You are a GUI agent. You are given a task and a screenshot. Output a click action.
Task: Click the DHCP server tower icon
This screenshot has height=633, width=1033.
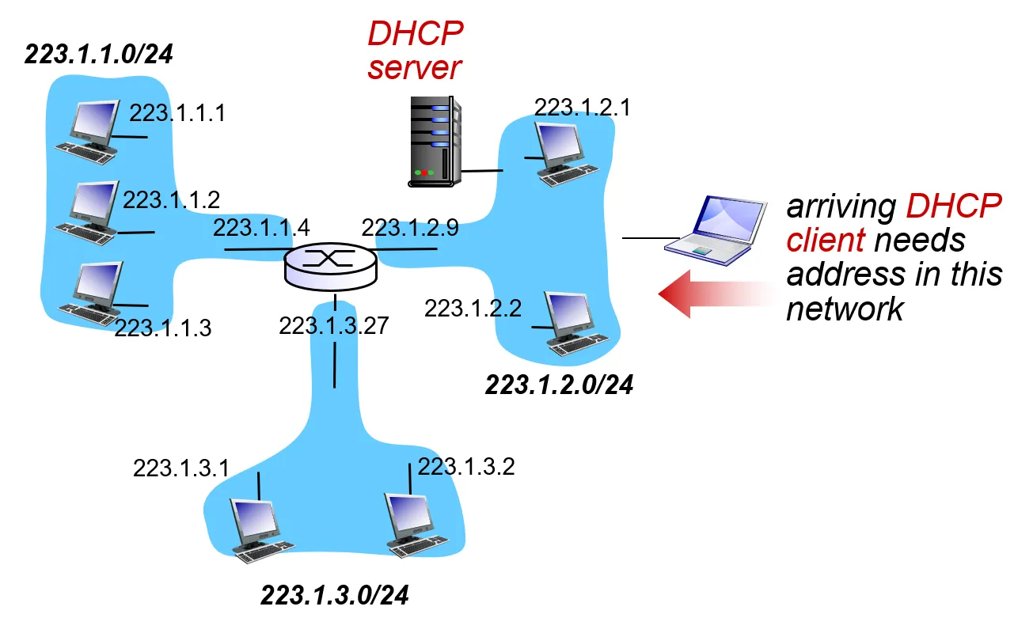(x=435, y=141)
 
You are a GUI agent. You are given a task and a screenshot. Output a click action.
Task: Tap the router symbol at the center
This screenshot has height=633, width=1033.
(x=331, y=267)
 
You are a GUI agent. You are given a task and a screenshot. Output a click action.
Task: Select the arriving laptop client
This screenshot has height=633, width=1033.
(x=716, y=230)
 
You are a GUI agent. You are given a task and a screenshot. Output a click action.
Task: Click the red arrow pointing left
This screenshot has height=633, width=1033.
(x=717, y=294)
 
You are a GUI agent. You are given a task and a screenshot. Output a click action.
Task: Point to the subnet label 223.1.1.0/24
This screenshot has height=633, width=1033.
(x=98, y=54)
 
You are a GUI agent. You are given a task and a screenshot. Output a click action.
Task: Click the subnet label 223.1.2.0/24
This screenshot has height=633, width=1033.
(x=559, y=385)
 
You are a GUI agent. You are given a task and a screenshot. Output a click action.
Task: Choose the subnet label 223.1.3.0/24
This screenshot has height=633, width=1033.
(x=334, y=595)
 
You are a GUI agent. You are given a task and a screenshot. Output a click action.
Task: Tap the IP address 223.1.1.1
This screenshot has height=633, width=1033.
(x=177, y=113)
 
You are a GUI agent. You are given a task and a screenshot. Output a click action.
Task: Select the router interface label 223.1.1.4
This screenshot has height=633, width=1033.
(x=261, y=227)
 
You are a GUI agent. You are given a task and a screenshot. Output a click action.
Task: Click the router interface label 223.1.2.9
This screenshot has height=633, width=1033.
(x=410, y=227)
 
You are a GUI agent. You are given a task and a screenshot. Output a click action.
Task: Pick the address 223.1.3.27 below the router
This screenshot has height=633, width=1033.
(x=334, y=325)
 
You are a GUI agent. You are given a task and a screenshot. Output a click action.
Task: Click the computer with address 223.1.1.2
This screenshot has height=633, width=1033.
(x=88, y=213)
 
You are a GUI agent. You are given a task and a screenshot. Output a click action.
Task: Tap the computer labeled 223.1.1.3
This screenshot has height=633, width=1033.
(x=91, y=294)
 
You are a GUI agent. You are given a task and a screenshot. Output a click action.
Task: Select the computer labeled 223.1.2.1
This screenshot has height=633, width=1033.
(x=566, y=154)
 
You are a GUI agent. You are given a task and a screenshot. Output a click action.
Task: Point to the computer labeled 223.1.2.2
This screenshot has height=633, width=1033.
(x=576, y=323)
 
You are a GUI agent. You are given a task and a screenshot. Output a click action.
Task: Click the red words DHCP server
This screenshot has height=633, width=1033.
(x=415, y=51)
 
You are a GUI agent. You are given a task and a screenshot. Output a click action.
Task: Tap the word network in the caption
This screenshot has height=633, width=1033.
(x=845, y=309)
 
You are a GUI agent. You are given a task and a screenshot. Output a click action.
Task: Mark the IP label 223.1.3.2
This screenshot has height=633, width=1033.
(x=466, y=467)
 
